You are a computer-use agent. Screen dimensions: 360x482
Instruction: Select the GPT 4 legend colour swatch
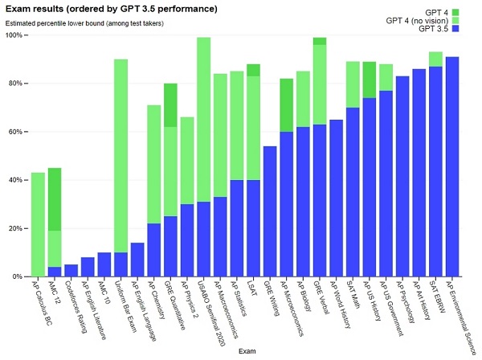coord(455,11)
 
